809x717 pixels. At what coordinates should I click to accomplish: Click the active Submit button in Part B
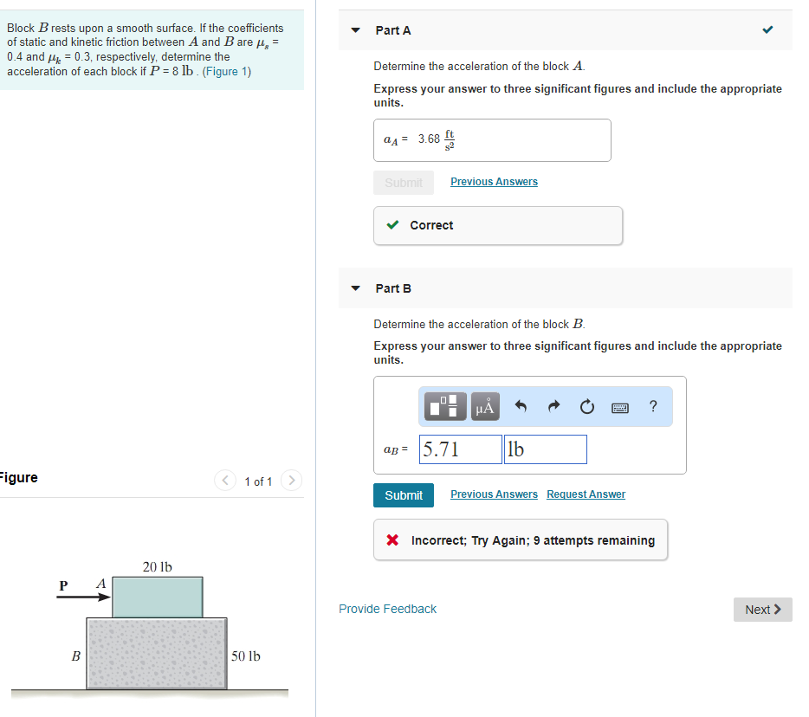[x=404, y=495]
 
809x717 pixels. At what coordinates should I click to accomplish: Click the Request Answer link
[x=586, y=494]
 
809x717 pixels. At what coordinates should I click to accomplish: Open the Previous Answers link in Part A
[x=494, y=182]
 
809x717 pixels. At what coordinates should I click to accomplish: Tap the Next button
[x=762, y=610]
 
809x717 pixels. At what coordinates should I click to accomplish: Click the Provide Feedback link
[x=387, y=609]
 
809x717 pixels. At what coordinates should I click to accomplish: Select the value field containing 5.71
[x=461, y=449]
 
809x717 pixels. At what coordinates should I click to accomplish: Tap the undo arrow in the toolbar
[x=521, y=407]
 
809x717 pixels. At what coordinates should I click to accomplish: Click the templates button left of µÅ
[x=445, y=407]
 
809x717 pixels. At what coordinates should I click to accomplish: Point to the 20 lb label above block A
[x=157, y=567]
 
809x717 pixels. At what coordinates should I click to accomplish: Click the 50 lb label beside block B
[x=246, y=656]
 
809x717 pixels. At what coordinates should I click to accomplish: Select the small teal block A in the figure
[x=158, y=597]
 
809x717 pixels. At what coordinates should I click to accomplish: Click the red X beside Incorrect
[x=392, y=540]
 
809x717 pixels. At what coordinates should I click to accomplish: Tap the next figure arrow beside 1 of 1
[x=291, y=481]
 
